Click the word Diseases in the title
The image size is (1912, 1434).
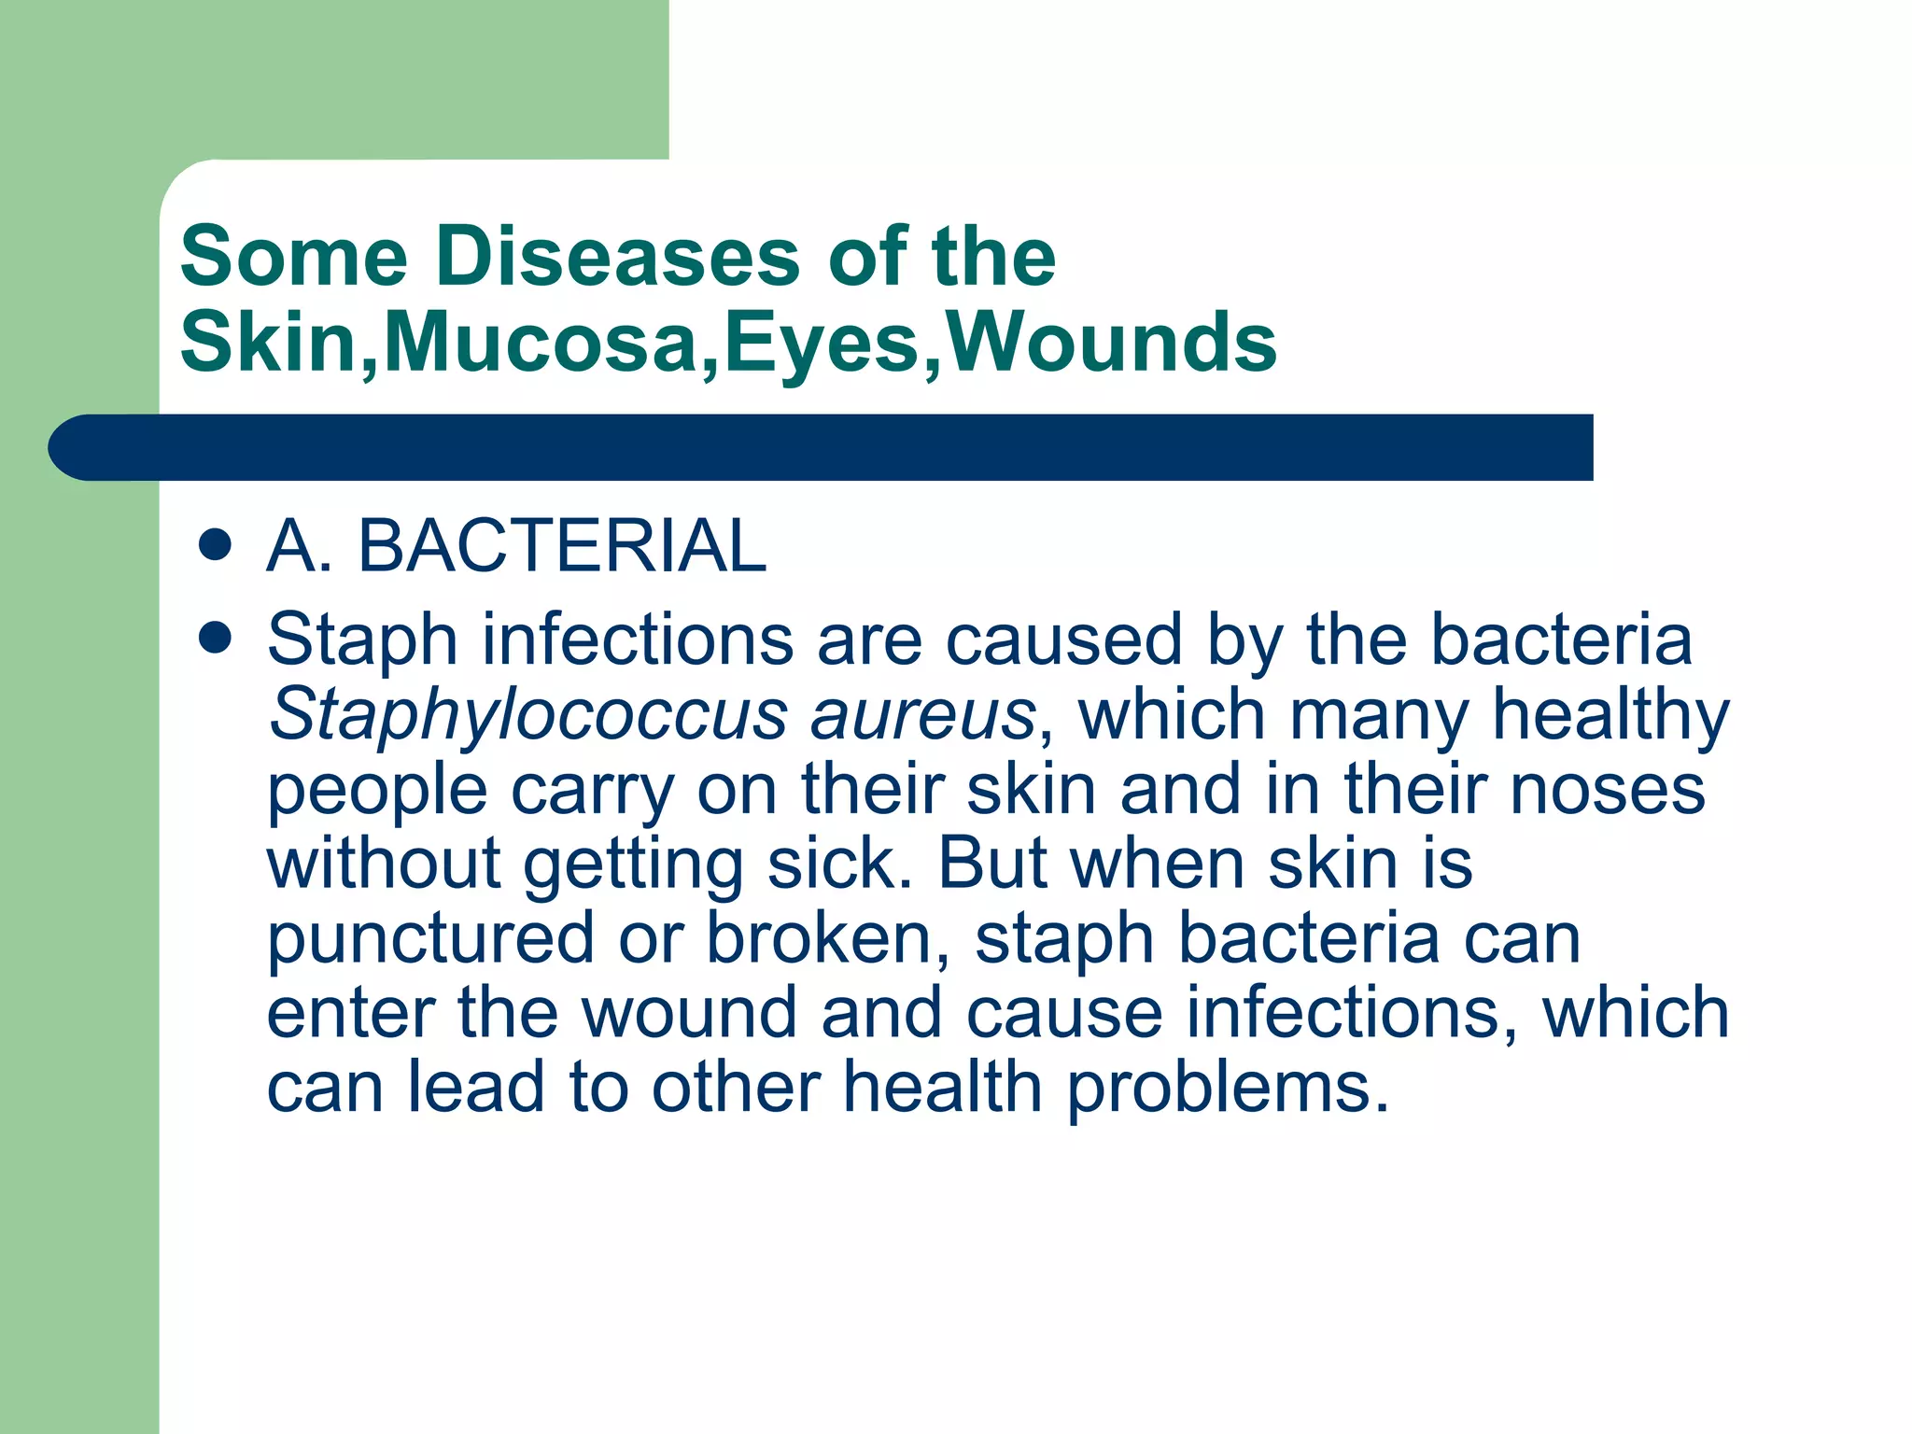(617, 257)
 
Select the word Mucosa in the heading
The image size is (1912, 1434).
(541, 343)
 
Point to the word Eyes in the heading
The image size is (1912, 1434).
(822, 343)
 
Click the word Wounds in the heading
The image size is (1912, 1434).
(1112, 343)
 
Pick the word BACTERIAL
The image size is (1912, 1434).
(562, 546)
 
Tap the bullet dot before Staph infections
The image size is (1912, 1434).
(215, 639)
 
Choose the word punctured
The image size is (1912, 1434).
(430, 939)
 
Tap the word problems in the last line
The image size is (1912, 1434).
(1227, 1089)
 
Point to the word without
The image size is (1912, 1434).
(384, 864)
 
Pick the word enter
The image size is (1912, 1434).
(350, 1014)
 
